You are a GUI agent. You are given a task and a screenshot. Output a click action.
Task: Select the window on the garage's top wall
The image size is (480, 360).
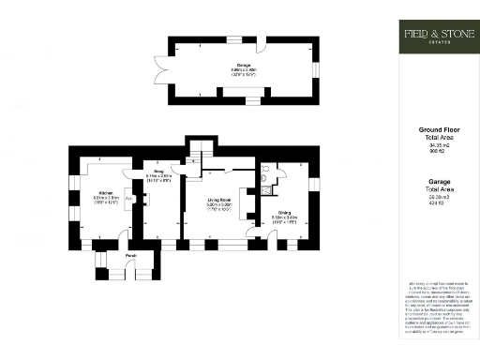pos(232,39)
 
